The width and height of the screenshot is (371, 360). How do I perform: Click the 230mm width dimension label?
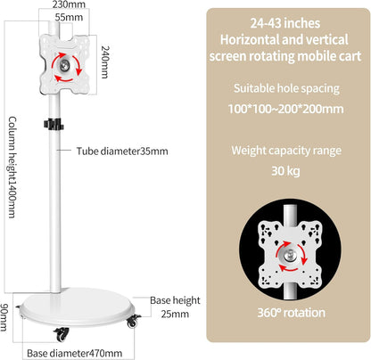click(x=69, y=4)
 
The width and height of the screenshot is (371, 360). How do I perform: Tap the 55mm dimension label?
click(x=69, y=17)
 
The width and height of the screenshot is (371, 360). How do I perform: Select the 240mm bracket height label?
click(x=105, y=61)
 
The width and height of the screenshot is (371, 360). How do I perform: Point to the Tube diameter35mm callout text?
click(x=122, y=151)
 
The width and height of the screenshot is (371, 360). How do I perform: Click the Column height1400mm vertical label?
click(x=12, y=168)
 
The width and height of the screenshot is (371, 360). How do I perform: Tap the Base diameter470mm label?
click(x=75, y=353)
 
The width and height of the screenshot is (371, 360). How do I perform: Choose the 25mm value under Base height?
click(x=175, y=314)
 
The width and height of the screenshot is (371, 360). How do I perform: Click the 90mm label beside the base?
click(x=4, y=317)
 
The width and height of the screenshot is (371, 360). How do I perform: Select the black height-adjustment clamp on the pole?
click(x=54, y=124)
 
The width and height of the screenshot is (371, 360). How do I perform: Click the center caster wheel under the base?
click(x=62, y=334)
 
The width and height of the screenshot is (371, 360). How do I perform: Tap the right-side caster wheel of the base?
click(x=133, y=321)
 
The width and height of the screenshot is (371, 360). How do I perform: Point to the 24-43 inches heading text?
click(x=285, y=23)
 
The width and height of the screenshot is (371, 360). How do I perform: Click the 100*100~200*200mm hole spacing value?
click(x=285, y=109)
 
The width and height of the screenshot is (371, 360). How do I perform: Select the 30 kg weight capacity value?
click(x=285, y=171)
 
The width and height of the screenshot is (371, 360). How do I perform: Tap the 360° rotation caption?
click(x=291, y=313)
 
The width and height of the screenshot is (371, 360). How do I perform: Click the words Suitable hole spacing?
click(x=286, y=88)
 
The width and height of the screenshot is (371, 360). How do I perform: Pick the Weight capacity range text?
click(x=286, y=151)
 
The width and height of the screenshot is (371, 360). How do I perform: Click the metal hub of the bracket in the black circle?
click(x=289, y=256)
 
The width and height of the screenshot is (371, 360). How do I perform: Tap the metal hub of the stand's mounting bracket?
click(x=63, y=65)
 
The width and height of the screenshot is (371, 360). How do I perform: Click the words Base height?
click(x=175, y=300)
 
